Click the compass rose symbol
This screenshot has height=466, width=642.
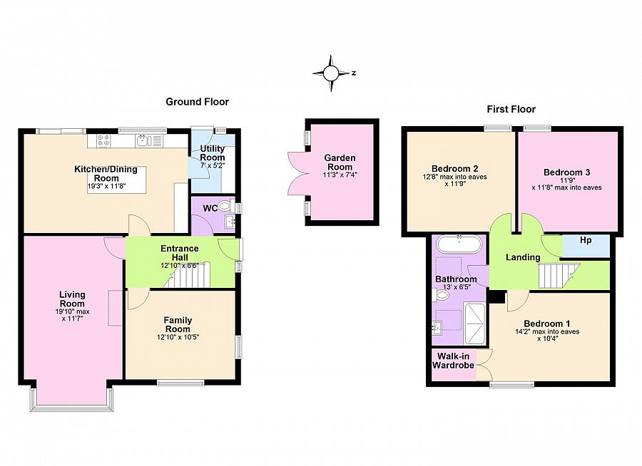click(331, 73)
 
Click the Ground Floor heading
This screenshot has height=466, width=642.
click(197, 102)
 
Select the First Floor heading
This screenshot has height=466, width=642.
click(511, 109)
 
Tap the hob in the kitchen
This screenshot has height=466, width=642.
click(103, 141)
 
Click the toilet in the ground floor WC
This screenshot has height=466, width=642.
click(225, 205)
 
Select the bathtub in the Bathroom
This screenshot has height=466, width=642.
click(459, 244)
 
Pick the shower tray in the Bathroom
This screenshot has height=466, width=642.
click(474, 323)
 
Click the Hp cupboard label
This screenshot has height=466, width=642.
click(586, 240)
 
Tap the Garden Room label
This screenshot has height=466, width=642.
click(340, 162)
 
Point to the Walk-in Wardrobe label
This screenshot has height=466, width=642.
click(453, 361)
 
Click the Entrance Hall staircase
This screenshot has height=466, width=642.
click(187, 275)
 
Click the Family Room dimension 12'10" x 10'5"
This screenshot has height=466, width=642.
click(178, 338)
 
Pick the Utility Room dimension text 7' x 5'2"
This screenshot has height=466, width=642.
click(212, 166)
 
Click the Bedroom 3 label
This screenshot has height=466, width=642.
click(566, 172)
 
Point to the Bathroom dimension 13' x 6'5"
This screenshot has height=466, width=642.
click(457, 287)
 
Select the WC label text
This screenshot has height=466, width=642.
click(210, 209)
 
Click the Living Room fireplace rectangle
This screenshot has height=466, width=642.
click(116, 308)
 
